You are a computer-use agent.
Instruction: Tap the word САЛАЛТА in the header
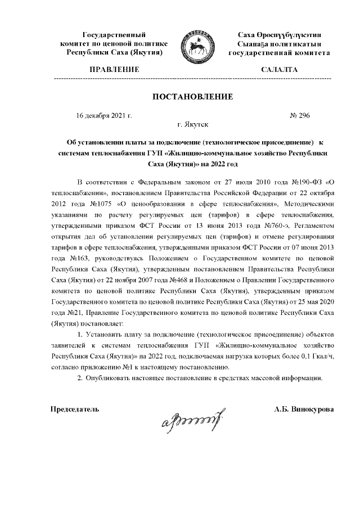[279, 69]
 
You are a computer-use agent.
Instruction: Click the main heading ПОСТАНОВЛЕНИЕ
[192, 97]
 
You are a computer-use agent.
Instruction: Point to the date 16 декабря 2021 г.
[103, 115]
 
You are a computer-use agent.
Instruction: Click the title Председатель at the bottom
[75, 409]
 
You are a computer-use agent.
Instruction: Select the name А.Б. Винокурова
[303, 409]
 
